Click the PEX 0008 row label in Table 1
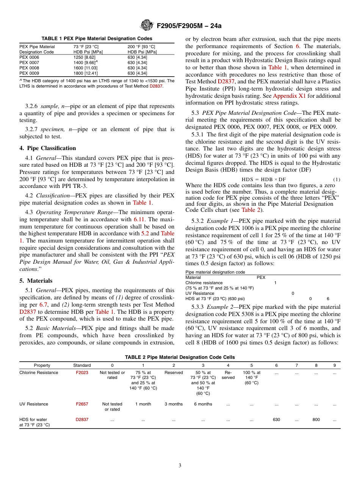coord(29,68)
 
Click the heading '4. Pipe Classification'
coord(48,148)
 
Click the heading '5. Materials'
coord(36,281)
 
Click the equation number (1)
coord(337,179)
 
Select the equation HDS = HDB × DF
coord(264,179)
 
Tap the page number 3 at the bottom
coord(180,466)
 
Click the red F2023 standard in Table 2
coord(82,372)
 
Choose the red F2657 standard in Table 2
coord(82,404)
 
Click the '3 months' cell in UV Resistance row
coord(174,404)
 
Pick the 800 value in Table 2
coord(316,420)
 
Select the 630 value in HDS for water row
coord(276,420)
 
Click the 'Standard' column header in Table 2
coord(82,365)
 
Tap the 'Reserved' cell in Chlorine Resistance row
coord(174,372)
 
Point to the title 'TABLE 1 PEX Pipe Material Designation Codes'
coord(97,39)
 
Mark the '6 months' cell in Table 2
coord(203,404)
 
